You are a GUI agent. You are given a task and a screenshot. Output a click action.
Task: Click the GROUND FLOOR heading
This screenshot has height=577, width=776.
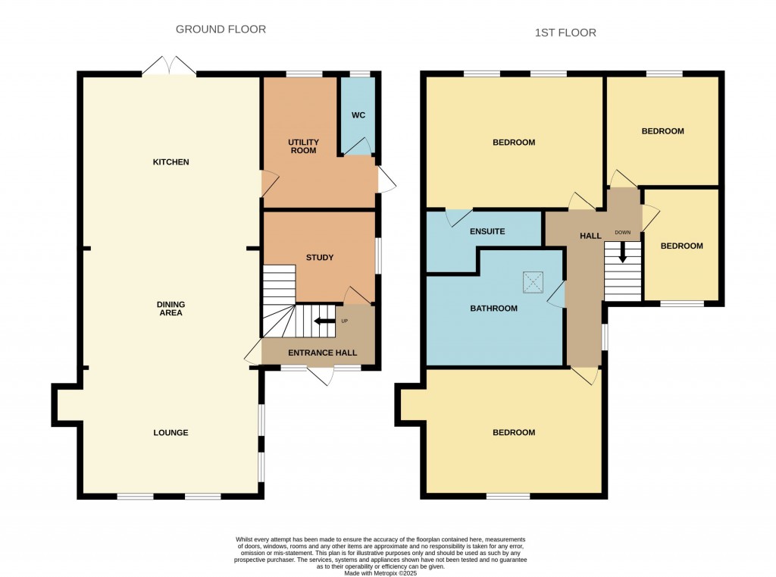[221, 30]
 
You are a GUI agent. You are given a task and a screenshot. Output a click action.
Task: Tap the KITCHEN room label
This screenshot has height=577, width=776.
[171, 162]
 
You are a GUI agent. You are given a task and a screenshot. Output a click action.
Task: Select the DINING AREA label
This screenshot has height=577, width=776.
[171, 308]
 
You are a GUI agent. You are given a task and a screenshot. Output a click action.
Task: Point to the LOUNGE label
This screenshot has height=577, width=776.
[171, 433]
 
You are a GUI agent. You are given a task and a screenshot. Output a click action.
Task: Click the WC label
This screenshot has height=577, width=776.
[358, 115]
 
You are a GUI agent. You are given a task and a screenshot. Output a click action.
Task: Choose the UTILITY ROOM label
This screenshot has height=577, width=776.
[303, 146]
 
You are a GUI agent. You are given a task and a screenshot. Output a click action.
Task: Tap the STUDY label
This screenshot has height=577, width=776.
[320, 258]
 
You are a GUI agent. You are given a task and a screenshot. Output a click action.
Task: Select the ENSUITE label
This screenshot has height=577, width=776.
[487, 231]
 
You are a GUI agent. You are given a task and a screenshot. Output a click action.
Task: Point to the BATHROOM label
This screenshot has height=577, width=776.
[493, 309]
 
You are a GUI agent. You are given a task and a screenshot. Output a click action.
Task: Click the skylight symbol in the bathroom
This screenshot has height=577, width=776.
[533, 283]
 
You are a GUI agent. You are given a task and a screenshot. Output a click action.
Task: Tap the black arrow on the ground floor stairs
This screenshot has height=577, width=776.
[325, 321]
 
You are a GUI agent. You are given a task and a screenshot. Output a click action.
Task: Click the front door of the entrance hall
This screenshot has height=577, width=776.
[319, 375]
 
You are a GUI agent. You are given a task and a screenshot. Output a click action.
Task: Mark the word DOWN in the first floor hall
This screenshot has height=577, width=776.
[622, 232]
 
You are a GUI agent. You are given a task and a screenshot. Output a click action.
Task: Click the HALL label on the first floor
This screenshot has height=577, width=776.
[590, 236]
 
